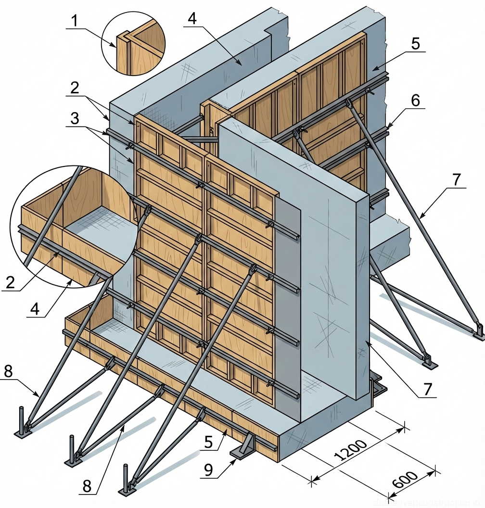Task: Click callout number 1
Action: pos(75,21)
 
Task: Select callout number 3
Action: pos(75,118)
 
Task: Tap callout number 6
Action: pos(415,101)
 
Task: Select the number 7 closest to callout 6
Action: pos(457,180)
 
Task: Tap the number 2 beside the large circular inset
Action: pos(10,282)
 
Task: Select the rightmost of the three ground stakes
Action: pos(126,477)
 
